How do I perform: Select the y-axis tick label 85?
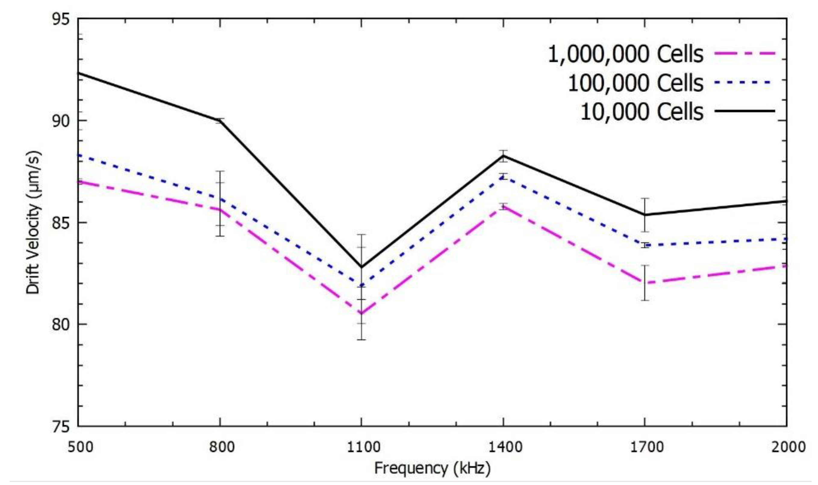(x=61, y=224)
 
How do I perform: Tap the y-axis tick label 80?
(x=61, y=325)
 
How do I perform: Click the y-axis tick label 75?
(x=61, y=427)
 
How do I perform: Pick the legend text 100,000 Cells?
(x=635, y=83)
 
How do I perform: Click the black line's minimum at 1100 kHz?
(x=361, y=267)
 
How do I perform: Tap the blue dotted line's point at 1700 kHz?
(x=645, y=245)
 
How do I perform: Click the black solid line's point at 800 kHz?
(x=220, y=121)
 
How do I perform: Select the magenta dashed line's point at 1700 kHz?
(x=645, y=283)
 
